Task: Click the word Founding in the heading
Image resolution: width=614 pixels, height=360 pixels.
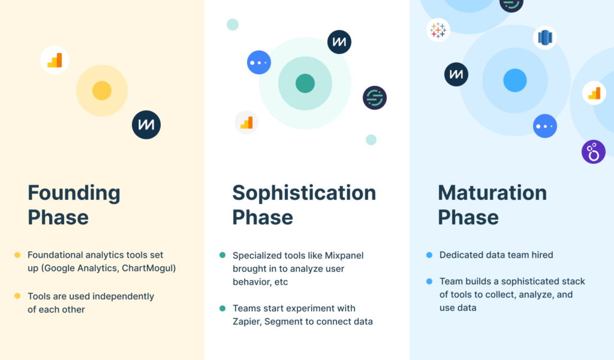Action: (74, 194)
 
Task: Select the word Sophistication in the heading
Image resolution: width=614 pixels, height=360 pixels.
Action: (304, 194)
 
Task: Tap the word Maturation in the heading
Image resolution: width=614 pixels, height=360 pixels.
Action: (492, 193)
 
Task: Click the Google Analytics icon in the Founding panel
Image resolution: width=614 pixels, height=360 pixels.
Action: (55, 60)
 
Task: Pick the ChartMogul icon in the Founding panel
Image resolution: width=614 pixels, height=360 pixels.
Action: (146, 125)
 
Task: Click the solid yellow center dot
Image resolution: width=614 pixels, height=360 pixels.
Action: (102, 91)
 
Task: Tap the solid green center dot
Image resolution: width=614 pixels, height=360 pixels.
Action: (305, 83)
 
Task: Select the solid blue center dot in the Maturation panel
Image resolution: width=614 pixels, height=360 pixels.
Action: (515, 80)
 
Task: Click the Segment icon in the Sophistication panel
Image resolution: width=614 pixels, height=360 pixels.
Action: (375, 98)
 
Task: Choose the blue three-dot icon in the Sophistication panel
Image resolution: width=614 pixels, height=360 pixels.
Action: (259, 62)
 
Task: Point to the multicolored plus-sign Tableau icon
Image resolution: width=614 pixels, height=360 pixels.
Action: (438, 30)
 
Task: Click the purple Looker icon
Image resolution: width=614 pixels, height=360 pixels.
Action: (594, 152)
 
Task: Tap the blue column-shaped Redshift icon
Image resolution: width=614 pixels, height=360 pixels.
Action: (545, 38)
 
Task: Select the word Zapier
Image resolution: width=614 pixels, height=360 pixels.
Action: (247, 322)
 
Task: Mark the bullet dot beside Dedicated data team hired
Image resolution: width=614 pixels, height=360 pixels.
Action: (429, 255)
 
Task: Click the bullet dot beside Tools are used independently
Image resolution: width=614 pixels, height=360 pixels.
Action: (17, 296)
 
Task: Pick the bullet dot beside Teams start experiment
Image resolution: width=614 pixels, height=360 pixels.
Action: (222, 308)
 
